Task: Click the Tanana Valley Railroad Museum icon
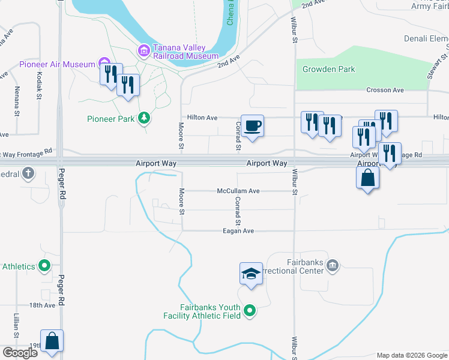[143, 50]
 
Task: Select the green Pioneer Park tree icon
[143, 118]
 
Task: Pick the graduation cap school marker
[251, 274]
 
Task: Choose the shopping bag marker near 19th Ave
[52, 341]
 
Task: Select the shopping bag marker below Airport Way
[367, 178]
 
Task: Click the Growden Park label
[329, 69]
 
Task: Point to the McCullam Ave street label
[238, 191]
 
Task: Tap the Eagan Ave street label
[238, 230]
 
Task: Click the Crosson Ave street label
[385, 90]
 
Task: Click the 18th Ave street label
[42, 305]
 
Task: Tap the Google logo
[20, 352]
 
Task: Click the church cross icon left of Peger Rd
[28, 174]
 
